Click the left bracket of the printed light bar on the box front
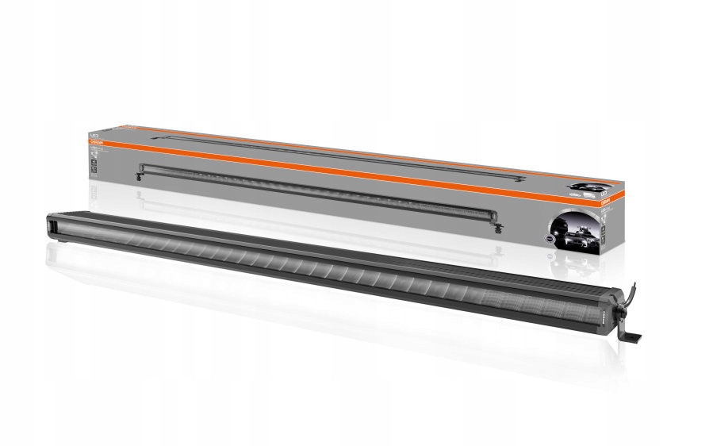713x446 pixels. pos(141,176)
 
